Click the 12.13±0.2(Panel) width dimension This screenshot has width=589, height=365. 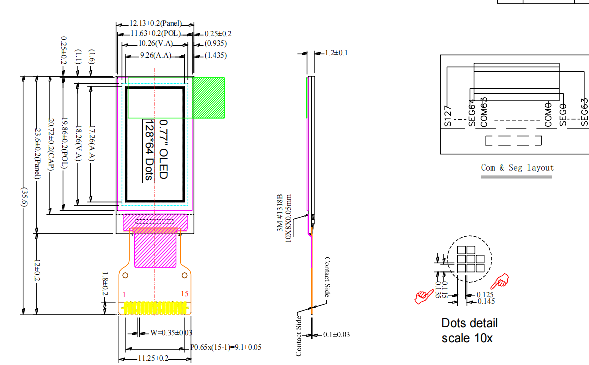point(155,23)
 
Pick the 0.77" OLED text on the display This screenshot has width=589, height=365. point(163,149)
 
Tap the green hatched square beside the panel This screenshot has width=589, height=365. point(209,97)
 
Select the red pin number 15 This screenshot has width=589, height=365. point(184,294)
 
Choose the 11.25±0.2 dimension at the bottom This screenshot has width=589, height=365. point(153,358)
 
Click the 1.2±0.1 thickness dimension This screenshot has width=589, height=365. point(336,53)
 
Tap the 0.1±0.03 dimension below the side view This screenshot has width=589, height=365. point(336,334)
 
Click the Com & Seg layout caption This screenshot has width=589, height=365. point(517,168)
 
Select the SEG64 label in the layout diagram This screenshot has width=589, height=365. point(472,113)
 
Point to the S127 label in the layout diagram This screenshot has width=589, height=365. point(447,116)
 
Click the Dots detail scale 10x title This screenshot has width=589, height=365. point(469,330)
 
